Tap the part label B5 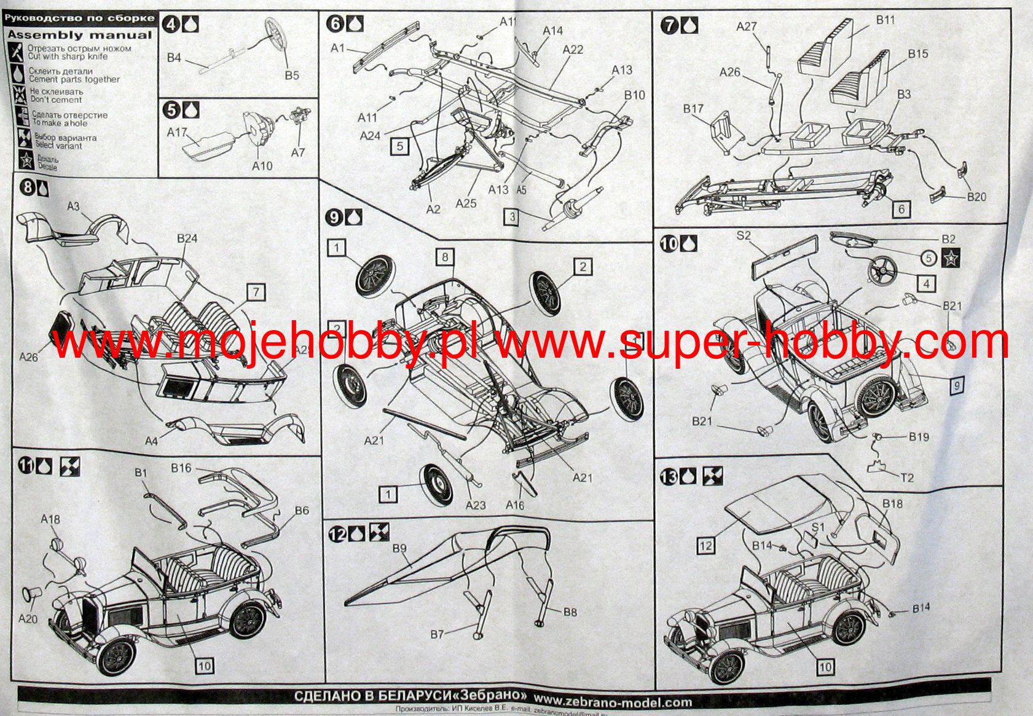[292, 75]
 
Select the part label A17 [177, 132]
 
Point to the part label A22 [572, 49]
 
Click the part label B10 [635, 95]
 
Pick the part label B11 [885, 20]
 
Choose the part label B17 [693, 109]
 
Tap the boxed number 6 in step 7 [901, 210]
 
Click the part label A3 [73, 207]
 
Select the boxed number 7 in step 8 [256, 293]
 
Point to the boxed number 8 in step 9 [446, 257]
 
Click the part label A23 [476, 505]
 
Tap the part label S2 [744, 235]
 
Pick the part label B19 [919, 437]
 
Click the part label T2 [907, 478]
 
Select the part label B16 [181, 468]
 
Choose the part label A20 [28, 618]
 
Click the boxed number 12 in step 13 [706, 545]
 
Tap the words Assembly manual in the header [79, 35]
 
